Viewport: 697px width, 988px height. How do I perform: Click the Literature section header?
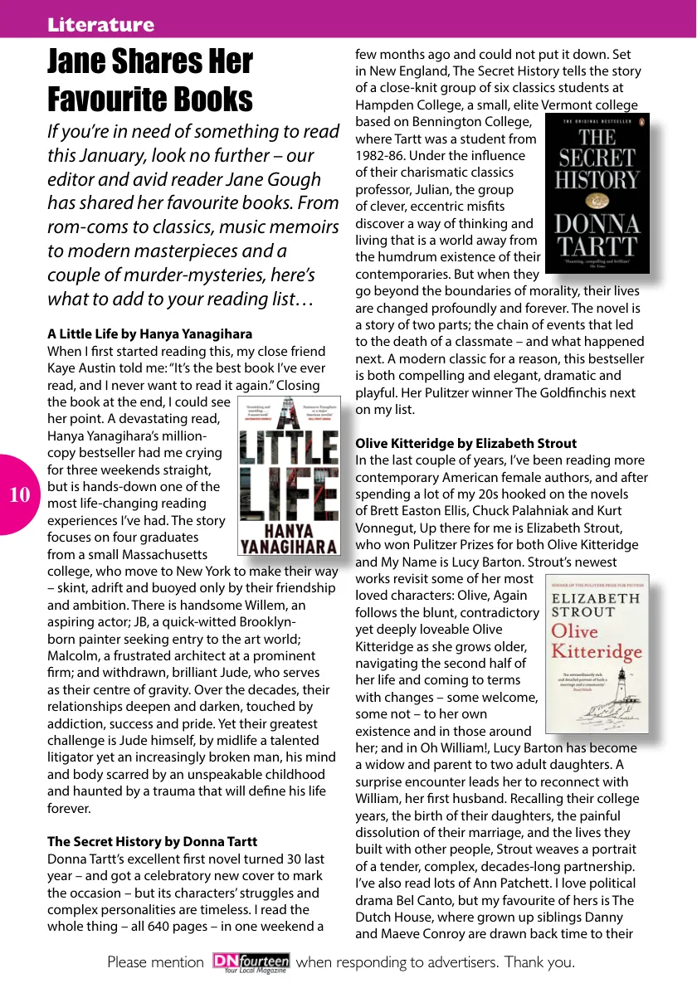pyautogui.click(x=100, y=25)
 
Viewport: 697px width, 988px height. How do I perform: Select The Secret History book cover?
pyautogui.click(x=597, y=192)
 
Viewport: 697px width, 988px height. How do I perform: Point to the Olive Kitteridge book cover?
pyautogui.click(x=596, y=654)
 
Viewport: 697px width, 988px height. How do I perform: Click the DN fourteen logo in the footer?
pyautogui.click(x=251, y=962)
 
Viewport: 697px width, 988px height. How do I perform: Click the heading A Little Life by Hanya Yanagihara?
pyautogui.click(x=149, y=334)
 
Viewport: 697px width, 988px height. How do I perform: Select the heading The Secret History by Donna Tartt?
pyautogui.click(x=152, y=841)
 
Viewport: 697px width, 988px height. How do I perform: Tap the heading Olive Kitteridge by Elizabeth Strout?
pyautogui.click(x=465, y=443)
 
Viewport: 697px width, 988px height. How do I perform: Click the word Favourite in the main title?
pyautogui.click(x=100, y=100)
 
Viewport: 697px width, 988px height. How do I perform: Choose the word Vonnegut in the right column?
pyautogui.click(x=390, y=528)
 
